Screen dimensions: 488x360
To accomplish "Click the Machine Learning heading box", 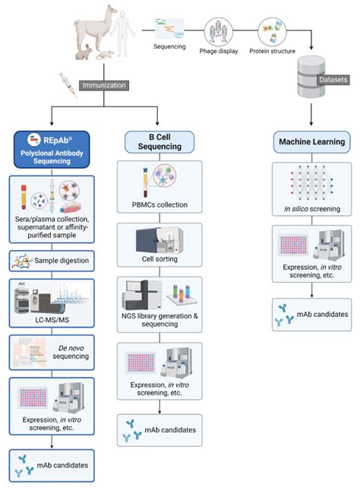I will coord(312,141).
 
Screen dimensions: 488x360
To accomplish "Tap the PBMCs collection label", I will coord(158,204).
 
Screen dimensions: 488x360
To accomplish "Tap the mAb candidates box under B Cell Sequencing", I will coord(158,429).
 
